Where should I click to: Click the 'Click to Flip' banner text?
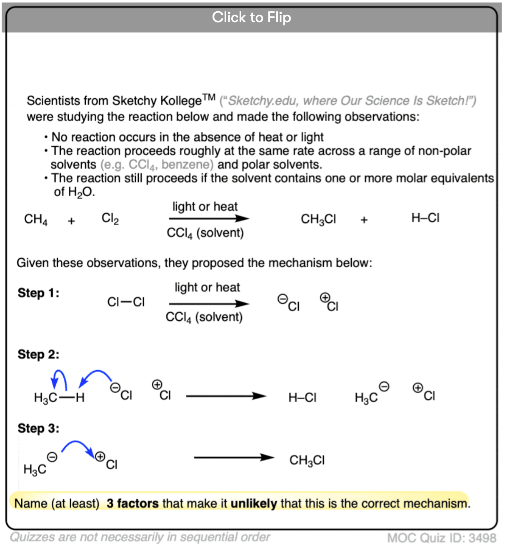[251, 17]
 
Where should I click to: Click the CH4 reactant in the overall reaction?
[36, 219]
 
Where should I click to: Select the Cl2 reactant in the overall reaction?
[110, 219]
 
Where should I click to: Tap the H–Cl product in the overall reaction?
[425, 218]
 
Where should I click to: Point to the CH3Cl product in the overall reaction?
[318, 219]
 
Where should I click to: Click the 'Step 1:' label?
[38, 293]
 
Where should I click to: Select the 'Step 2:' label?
[38, 354]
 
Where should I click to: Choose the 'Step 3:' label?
[38, 428]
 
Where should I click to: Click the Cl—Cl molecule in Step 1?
[126, 302]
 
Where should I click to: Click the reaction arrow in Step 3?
[234, 458]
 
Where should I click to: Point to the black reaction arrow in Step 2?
[226, 396]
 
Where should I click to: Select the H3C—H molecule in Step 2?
[59, 398]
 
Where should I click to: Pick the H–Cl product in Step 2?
[302, 398]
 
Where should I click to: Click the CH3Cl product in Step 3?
[307, 460]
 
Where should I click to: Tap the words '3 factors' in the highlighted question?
[132, 503]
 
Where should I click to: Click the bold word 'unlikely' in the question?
[254, 503]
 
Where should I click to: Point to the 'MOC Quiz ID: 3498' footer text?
[442, 538]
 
